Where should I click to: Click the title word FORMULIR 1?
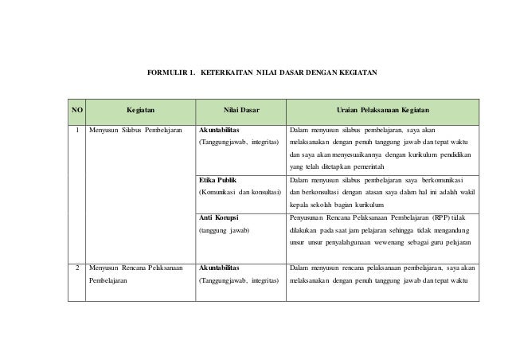pos(172,72)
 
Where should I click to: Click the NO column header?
pos(76,109)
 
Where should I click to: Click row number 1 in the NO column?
pos(76,129)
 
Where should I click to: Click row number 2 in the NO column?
pos(76,268)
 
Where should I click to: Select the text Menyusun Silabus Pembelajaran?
pos(135,129)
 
